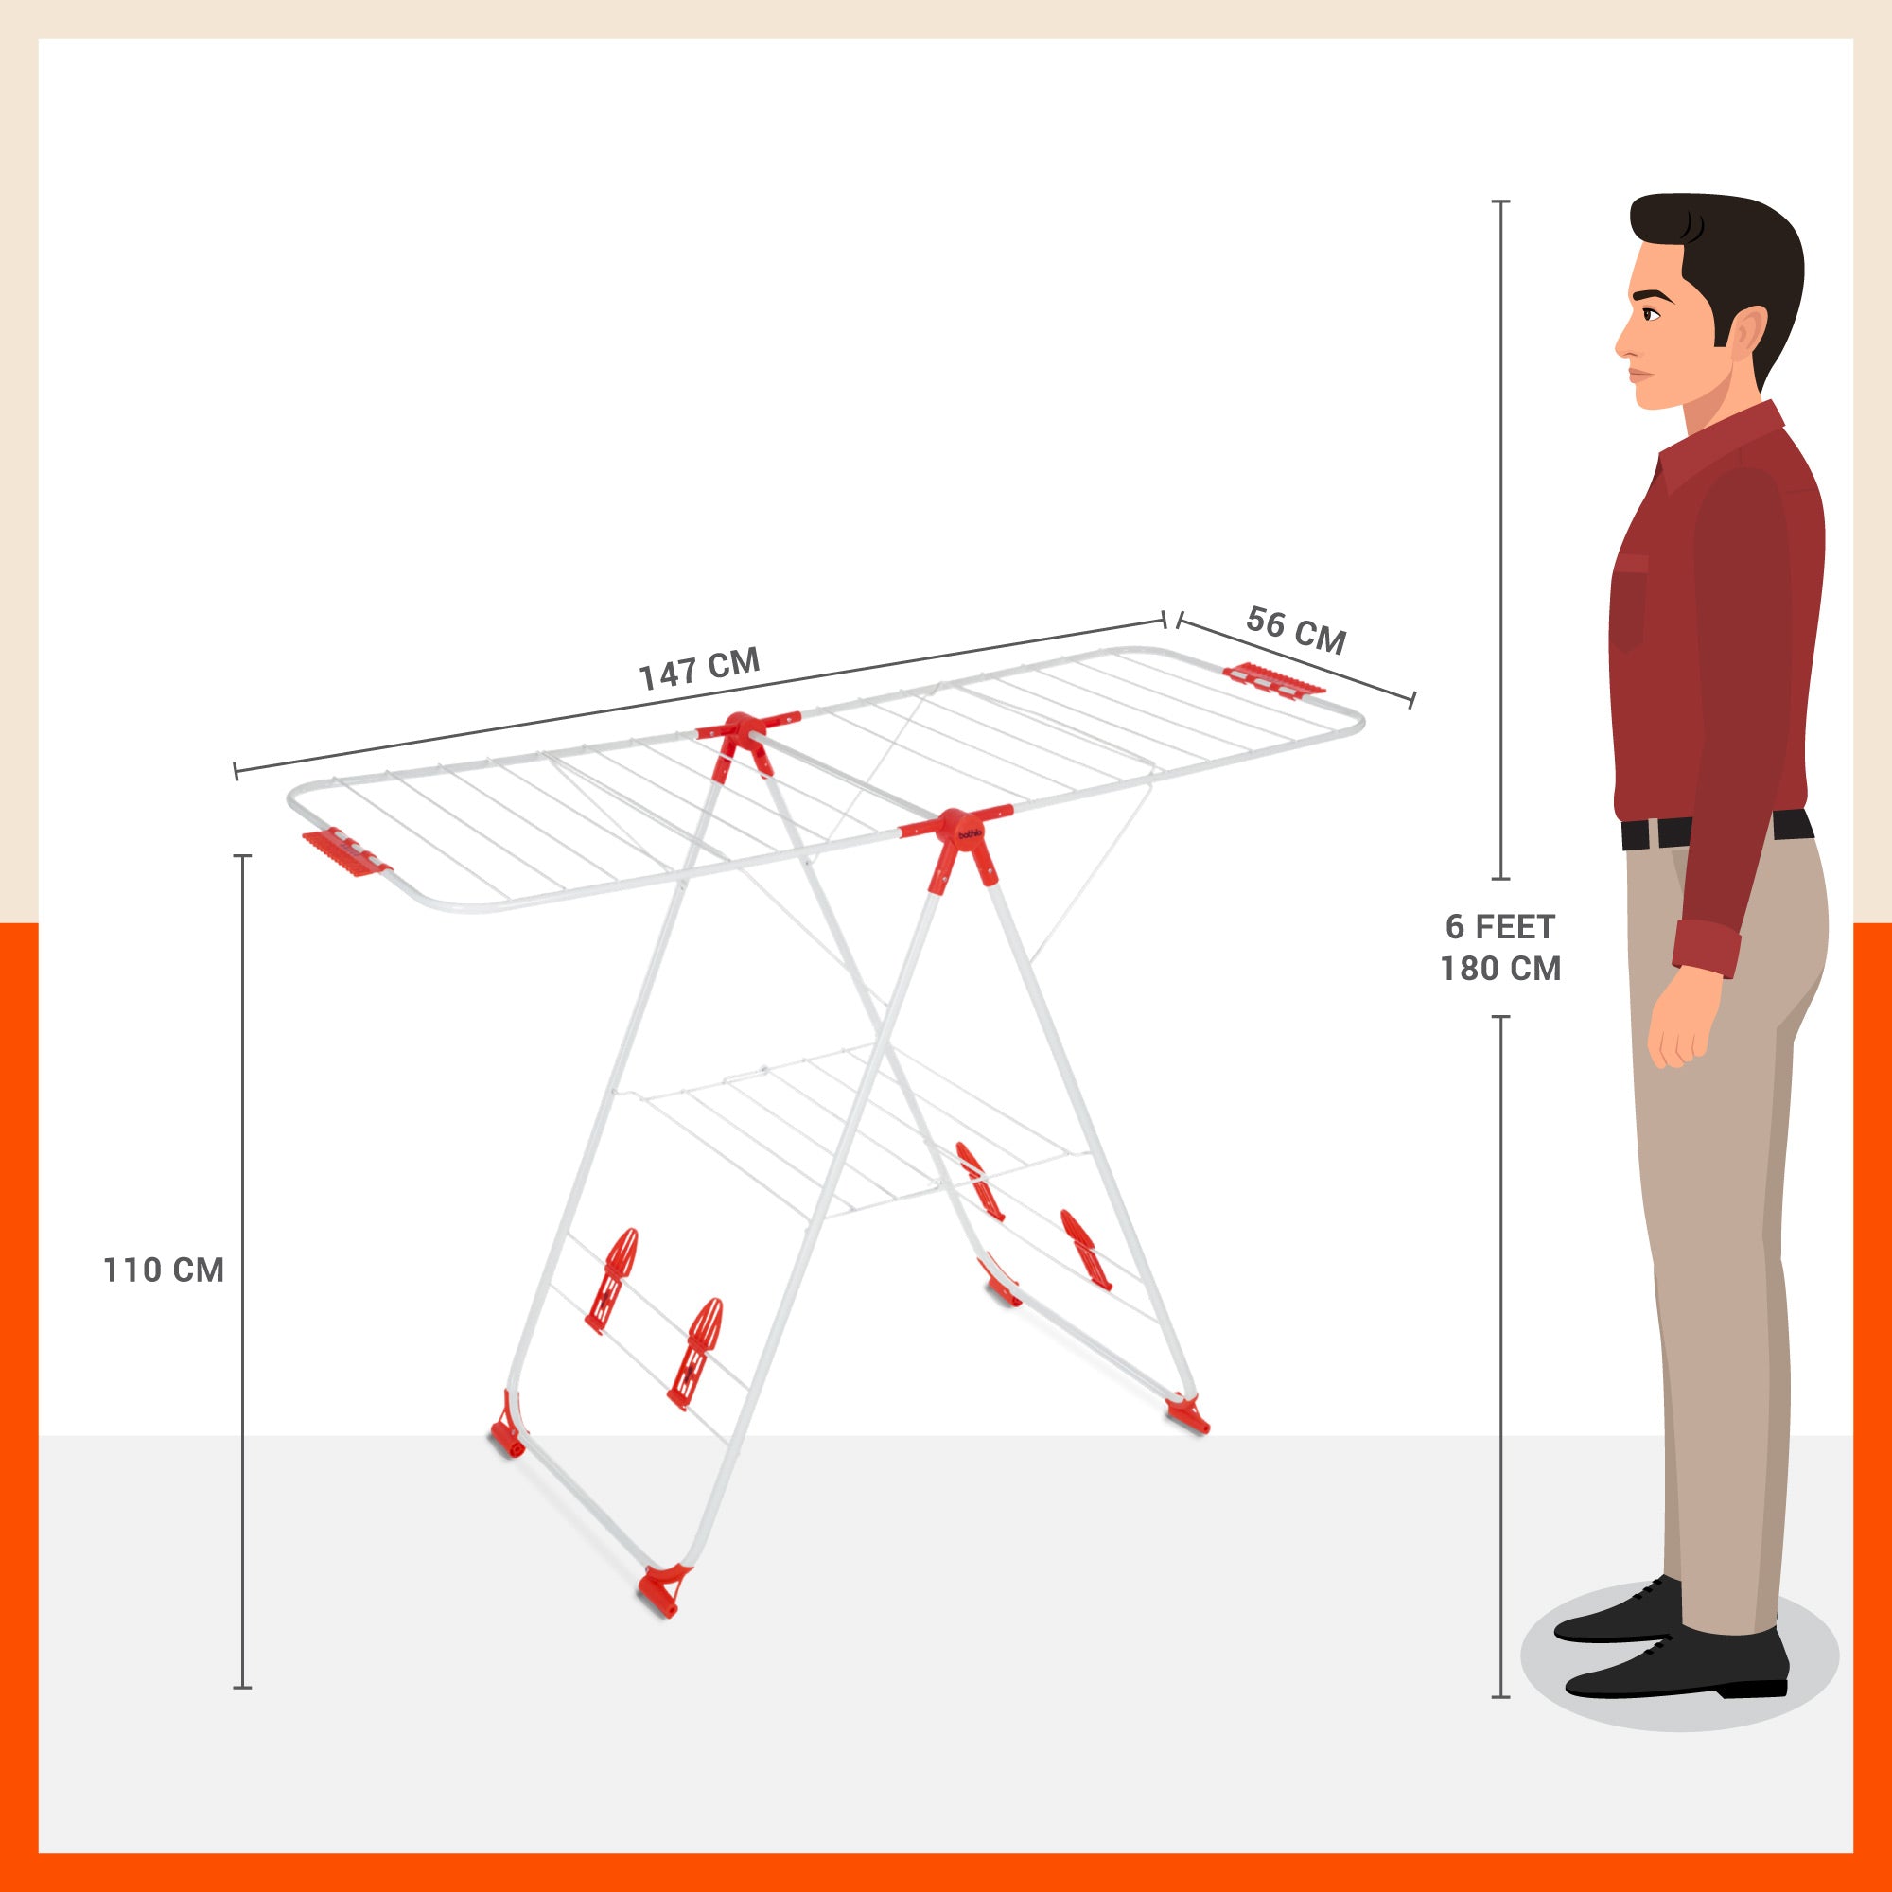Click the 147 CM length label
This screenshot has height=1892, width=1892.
(699, 668)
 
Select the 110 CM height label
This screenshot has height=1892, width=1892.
(164, 1270)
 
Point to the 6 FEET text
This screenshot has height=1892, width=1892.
(1500, 926)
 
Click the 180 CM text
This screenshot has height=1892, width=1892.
(1500, 969)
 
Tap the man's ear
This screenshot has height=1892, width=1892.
(1749, 337)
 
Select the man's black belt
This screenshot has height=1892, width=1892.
(1717, 831)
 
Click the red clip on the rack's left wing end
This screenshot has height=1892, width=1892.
(345, 853)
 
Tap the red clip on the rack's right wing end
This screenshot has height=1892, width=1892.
(1273, 678)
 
